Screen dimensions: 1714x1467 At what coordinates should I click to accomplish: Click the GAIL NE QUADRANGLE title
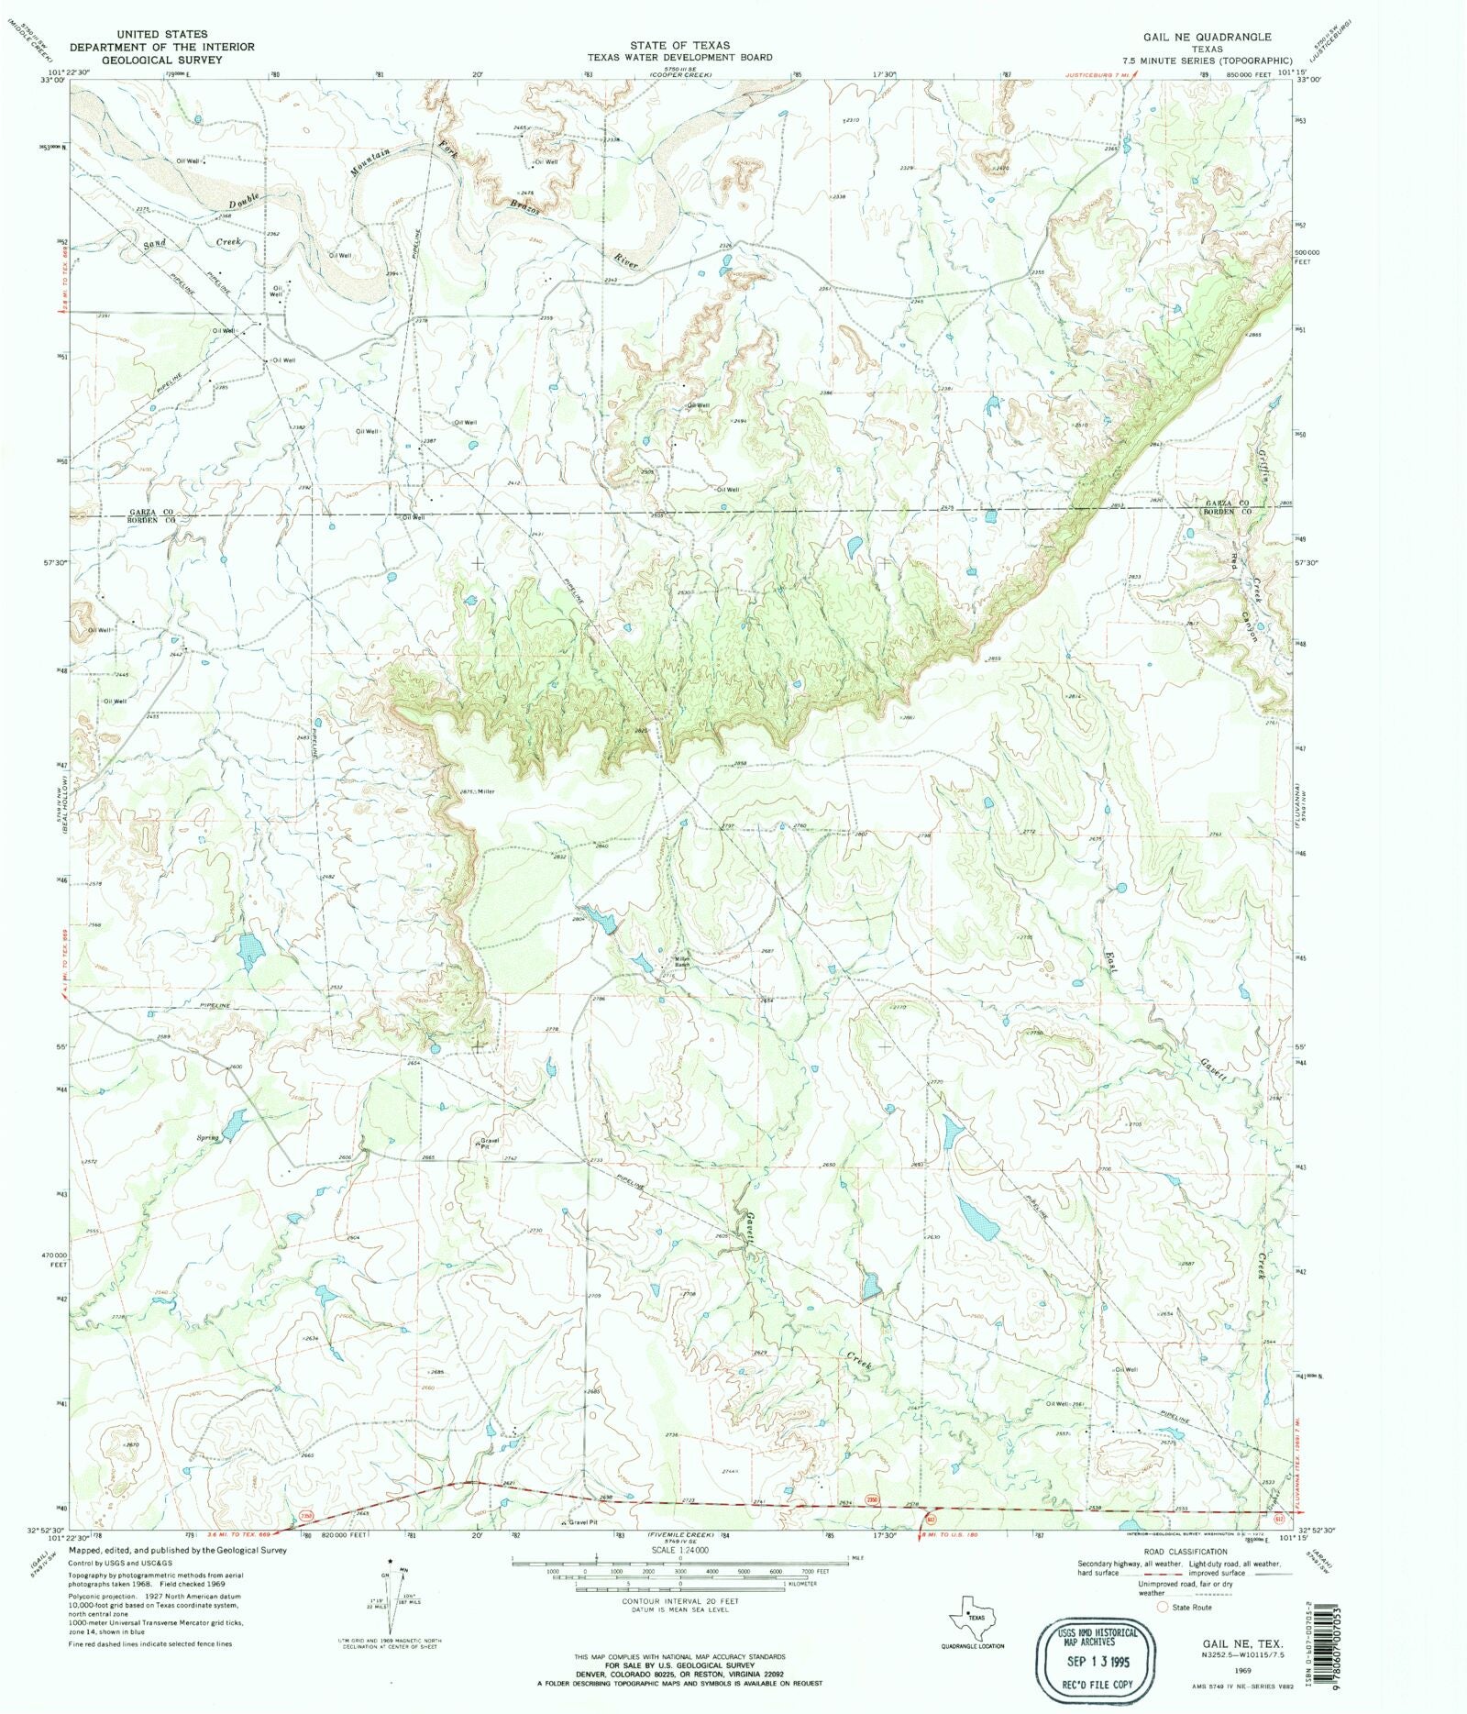1206,37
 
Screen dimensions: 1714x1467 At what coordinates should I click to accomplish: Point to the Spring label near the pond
208,1138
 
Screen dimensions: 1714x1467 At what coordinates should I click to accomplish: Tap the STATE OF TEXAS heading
679,45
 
